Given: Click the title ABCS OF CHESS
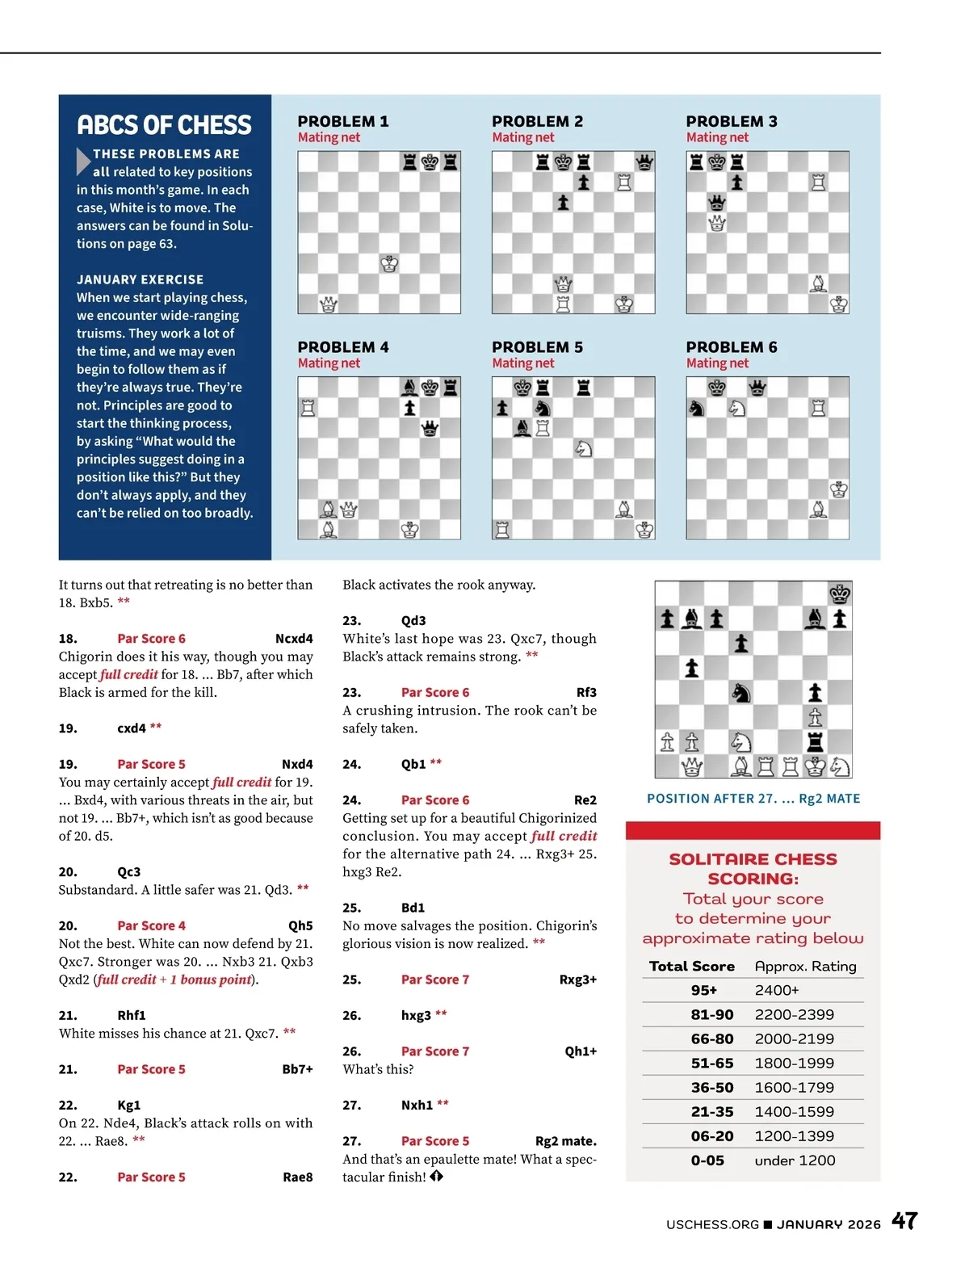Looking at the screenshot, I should (164, 125).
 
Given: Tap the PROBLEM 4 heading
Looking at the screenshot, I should (343, 347).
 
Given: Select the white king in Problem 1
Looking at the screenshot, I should (389, 264).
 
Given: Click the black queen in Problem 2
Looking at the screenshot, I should (644, 162).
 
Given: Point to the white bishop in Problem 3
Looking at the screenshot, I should (818, 283).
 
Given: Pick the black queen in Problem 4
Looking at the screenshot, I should (430, 428).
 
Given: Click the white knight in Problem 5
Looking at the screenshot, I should (583, 448).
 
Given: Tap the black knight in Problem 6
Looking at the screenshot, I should (696, 408).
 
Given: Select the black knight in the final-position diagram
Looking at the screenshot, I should (740, 692).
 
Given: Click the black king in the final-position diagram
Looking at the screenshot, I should (840, 594).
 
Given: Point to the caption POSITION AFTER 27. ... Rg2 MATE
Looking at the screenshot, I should (753, 799).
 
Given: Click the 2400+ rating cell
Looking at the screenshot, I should (777, 990).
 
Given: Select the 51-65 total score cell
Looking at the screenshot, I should (711, 1063).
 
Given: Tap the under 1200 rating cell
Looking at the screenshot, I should (795, 1160).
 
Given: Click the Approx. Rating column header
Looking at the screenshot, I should (805, 966).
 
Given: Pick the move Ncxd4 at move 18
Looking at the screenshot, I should (294, 639).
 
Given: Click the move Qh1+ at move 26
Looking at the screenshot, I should (581, 1051).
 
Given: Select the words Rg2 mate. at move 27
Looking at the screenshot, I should (565, 1141).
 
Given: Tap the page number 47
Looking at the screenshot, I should (904, 1221).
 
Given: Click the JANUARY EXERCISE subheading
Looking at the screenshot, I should (140, 279).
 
